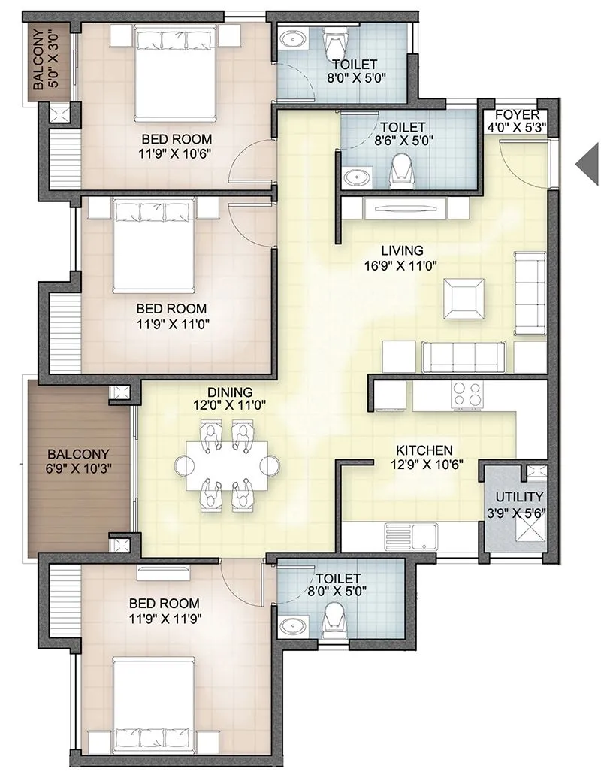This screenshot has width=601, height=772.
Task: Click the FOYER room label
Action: click(x=516, y=114)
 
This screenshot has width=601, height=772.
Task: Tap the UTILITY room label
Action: click(x=519, y=498)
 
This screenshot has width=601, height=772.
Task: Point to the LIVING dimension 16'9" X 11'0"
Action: click(x=402, y=265)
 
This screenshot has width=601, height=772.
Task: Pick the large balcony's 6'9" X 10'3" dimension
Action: click(x=79, y=469)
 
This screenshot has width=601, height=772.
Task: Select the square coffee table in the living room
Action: click(x=464, y=297)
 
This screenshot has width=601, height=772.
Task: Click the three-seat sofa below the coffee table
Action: click(x=463, y=356)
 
